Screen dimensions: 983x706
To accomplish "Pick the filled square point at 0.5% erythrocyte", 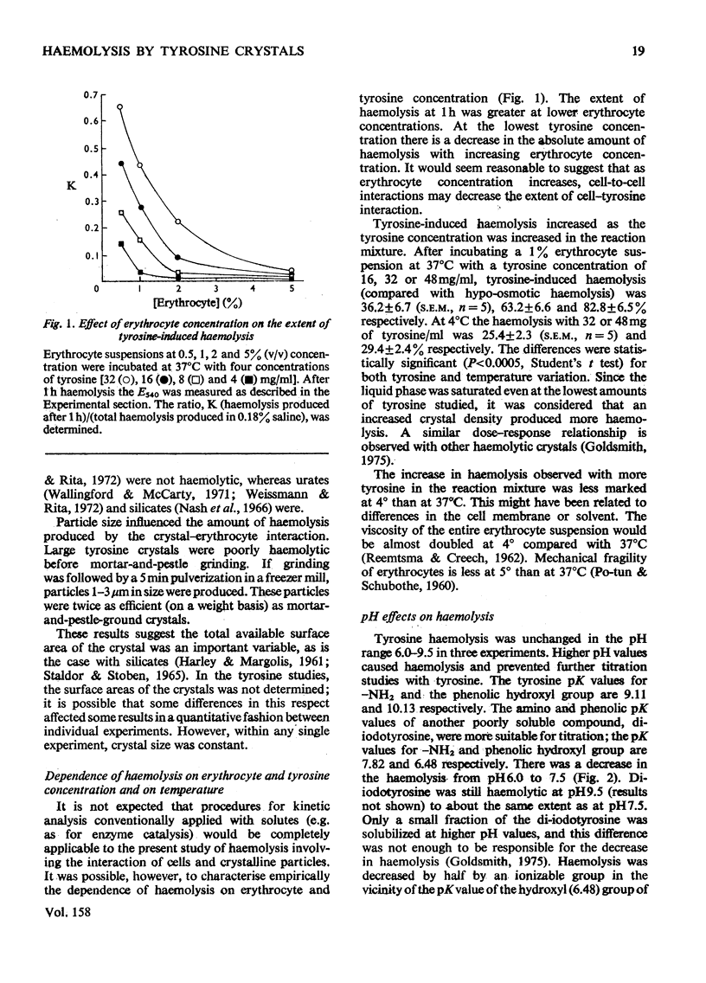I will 121,244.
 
